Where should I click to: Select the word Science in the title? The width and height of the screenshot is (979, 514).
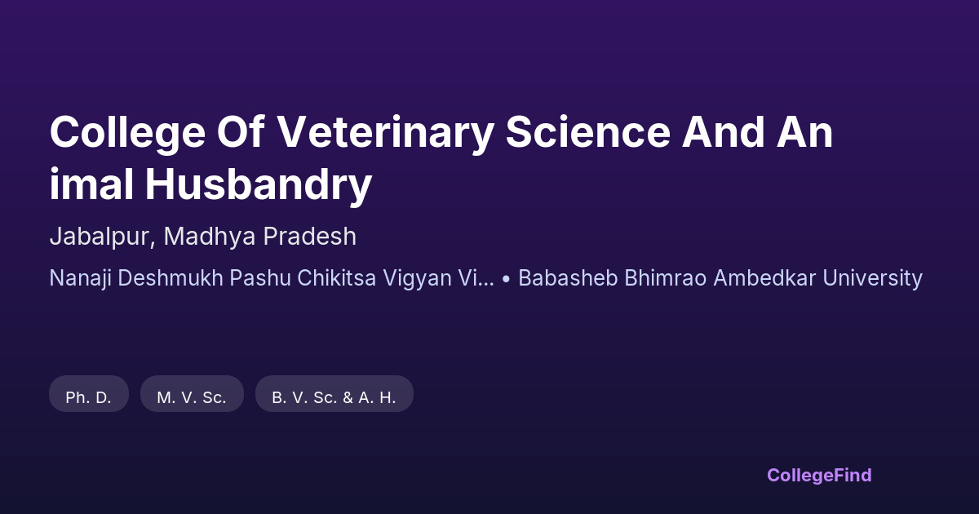588,132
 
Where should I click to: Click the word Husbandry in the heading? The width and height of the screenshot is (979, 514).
259,186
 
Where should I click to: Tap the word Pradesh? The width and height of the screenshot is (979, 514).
309,236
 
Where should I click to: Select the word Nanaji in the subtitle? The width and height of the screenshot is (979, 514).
81,279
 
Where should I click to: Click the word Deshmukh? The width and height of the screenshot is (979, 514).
171,278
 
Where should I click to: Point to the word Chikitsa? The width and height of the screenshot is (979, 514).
336,278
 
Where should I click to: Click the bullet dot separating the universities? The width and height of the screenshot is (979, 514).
506,279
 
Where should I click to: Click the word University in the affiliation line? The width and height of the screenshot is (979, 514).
872,279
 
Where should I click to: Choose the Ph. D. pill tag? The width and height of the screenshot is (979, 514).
89,394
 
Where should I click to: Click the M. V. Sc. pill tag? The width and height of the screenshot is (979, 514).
192,394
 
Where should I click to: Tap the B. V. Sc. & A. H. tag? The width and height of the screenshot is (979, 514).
334,394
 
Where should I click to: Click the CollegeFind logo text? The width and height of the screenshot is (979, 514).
819,476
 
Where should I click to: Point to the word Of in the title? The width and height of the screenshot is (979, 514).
241,132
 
